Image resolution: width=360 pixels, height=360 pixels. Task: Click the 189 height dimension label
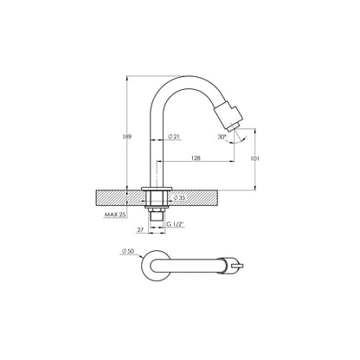point(127,137)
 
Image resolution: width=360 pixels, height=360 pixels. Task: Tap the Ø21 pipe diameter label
point(174,136)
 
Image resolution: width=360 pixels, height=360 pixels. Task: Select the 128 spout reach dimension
point(196,157)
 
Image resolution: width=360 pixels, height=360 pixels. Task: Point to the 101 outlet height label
point(255,158)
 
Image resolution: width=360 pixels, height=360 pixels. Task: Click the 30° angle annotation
point(222,137)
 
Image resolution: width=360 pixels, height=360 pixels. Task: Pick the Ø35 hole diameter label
point(179,197)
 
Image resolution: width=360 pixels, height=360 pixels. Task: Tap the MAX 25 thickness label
point(115,215)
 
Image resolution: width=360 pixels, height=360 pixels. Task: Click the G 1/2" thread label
point(176,224)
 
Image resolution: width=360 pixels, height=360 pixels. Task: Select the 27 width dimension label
point(140,230)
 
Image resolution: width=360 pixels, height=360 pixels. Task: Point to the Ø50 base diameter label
point(128,252)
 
